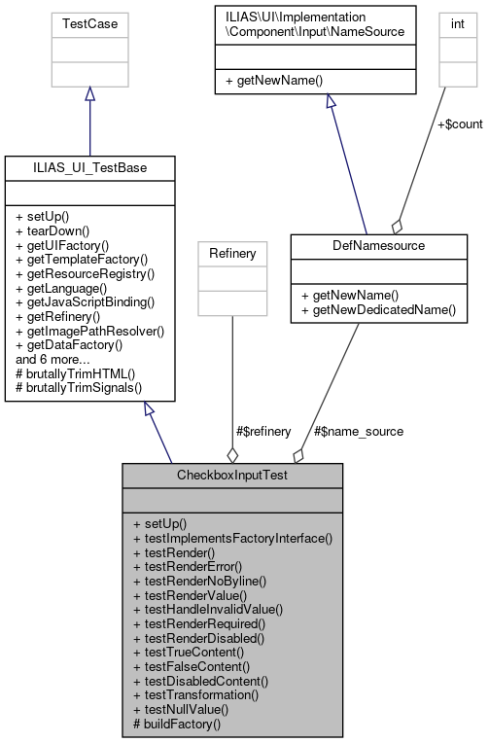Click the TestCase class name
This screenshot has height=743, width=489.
click(89, 20)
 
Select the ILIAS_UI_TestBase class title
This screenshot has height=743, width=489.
click(90, 167)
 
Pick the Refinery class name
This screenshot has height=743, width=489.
click(231, 253)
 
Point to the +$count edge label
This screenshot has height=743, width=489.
click(459, 124)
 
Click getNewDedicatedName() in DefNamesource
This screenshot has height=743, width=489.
click(378, 309)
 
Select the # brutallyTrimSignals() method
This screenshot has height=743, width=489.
click(76, 387)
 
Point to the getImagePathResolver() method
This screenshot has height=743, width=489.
click(90, 330)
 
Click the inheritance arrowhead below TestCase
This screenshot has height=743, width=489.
click(89, 93)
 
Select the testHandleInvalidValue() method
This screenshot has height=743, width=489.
click(208, 609)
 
